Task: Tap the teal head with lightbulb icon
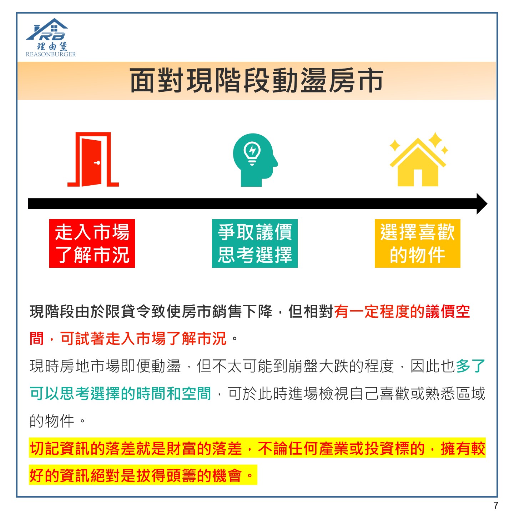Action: pos(255,160)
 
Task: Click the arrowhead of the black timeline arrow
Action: pos(482,204)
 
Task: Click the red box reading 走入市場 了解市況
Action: pos(92,243)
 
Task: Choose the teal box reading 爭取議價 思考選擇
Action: pos(255,243)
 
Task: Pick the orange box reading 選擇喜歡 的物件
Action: pos(417,243)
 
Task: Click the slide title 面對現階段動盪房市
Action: pos(257,81)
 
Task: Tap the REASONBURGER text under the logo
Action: pos(51,54)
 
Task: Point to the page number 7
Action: pos(495,505)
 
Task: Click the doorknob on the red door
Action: pos(97,163)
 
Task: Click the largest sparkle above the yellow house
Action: pos(435,140)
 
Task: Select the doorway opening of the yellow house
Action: pos(418,178)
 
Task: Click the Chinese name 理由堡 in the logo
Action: pos(52,46)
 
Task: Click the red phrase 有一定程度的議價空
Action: pos(402,311)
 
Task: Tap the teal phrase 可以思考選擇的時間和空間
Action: pos(121,393)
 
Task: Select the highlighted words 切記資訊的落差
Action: pos(83,448)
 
